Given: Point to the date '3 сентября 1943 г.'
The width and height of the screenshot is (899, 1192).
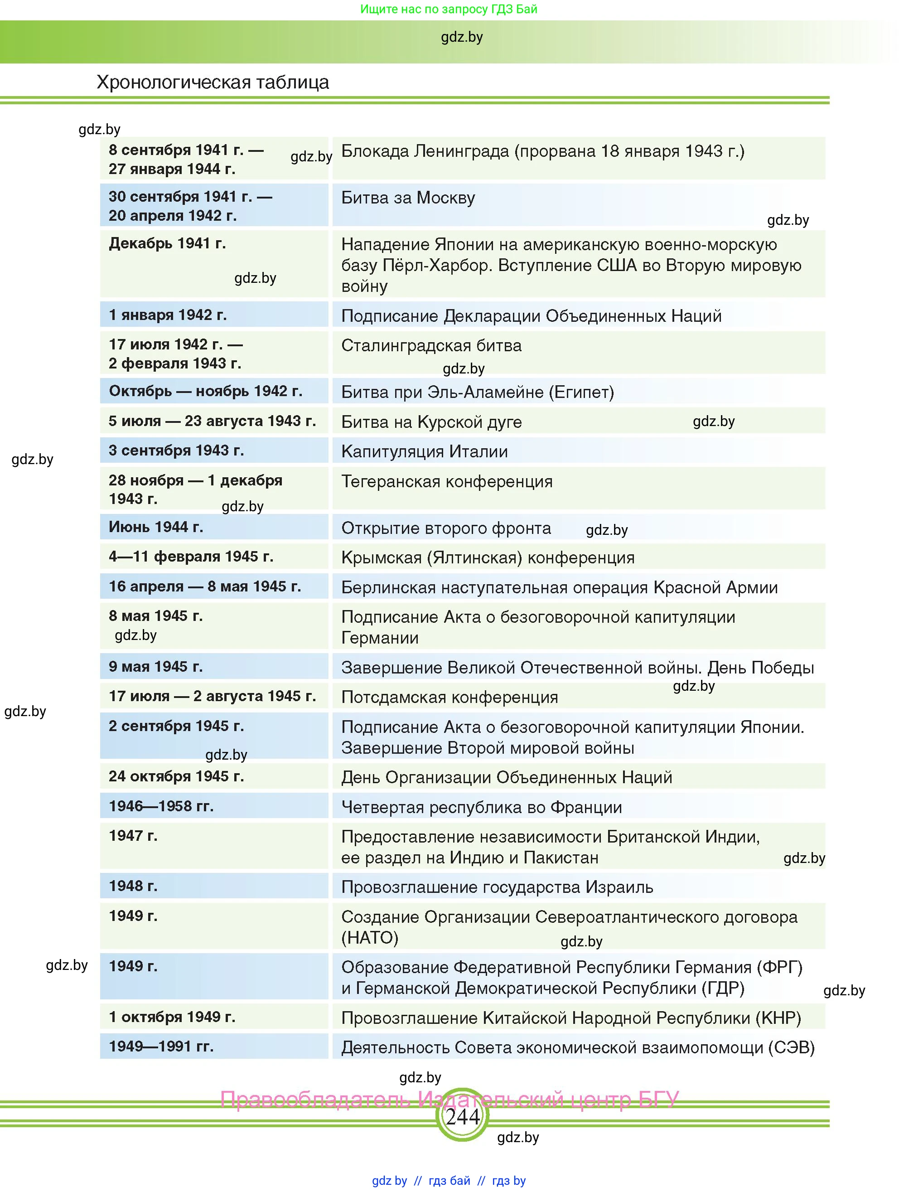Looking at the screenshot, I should point(176,451).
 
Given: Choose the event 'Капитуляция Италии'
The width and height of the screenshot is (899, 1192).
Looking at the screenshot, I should point(424,451).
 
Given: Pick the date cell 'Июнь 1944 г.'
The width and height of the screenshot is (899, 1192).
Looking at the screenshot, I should point(156,527).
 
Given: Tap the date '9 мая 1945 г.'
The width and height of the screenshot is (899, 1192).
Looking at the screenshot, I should point(156,667).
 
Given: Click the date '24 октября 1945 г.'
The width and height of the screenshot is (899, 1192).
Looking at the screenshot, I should point(176,776).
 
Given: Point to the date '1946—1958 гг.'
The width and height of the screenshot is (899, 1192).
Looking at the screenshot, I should point(161,806).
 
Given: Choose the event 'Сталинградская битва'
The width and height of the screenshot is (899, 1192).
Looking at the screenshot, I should point(431,345).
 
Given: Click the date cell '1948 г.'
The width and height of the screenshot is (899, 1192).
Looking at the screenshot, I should point(133,887).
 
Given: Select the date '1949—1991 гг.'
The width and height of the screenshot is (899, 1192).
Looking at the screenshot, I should point(161,1047).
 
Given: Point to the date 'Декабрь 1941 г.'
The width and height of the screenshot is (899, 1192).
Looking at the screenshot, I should point(167,243).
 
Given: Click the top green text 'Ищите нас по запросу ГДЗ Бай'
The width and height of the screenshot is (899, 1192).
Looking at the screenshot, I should point(449,9).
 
